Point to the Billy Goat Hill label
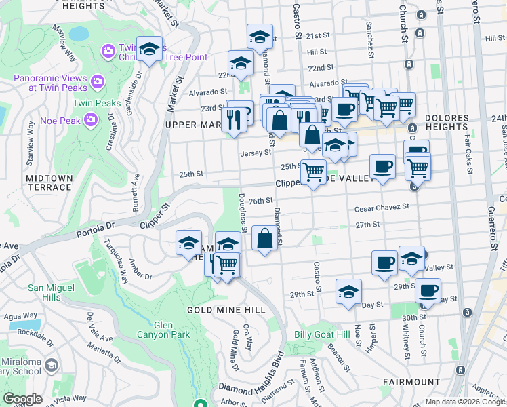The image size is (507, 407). (322, 335)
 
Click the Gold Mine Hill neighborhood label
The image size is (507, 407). (226, 309)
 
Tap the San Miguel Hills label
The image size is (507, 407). (50, 292)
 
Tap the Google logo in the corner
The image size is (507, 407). (22, 399)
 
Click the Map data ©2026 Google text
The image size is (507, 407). (464, 402)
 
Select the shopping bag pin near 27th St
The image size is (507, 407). (264, 238)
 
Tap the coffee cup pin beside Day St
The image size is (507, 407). (428, 290)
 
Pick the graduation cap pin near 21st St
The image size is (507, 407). (259, 37)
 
